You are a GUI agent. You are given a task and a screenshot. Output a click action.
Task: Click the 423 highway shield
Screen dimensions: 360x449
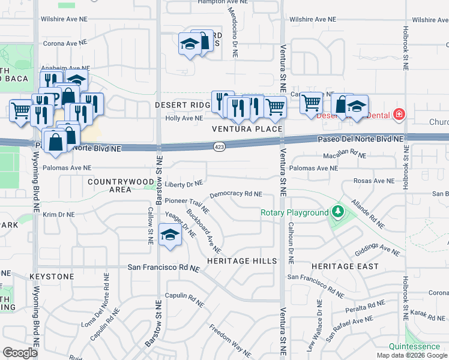pyautogui.click(x=220, y=146)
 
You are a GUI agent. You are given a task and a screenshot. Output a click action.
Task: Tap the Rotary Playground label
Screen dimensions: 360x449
pyautogui.click(x=294, y=213)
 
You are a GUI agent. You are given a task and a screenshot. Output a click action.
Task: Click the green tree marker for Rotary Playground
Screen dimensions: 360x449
pyautogui.click(x=338, y=212)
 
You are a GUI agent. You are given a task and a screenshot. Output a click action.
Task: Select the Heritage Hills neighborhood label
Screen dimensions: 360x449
pyautogui.click(x=242, y=261)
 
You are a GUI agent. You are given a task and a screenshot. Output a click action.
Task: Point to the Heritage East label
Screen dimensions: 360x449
pyautogui.click(x=345, y=266)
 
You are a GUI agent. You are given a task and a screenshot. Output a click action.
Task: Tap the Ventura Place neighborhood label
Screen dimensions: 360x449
pyautogui.click(x=247, y=129)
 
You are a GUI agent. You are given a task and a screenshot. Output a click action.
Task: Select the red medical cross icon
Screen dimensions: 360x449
pyautogui.click(x=398, y=115)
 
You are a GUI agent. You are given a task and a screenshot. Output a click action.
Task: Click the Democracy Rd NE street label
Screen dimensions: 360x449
pyautogui.click(x=236, y=194)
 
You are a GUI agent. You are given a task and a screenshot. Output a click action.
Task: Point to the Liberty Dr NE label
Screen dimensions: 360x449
pyautogui.click(x=185, y=184)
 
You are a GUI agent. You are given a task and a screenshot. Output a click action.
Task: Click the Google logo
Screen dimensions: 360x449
pyautogui.click(x=20, y=353)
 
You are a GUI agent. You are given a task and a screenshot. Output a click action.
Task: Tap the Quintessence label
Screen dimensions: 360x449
pyautogui.click(x=414, y=347)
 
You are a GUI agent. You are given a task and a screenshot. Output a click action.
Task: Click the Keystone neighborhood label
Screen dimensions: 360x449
pyautogui.click(x=52, y=277)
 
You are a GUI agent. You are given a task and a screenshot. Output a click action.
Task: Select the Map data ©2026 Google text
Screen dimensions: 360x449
pyautogui.click(x=412, y=355)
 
